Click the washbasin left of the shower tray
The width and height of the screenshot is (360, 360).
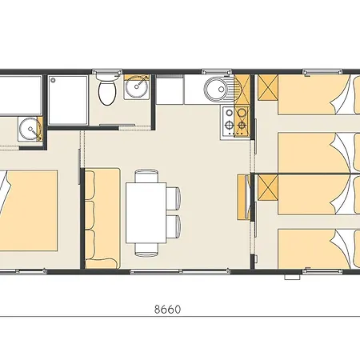click(30, 128)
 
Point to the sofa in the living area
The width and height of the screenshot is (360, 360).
click(102, 216)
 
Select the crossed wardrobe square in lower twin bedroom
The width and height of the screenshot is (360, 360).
click(266, 189)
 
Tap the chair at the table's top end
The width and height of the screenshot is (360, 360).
click(146, 176)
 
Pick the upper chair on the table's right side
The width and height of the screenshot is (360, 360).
click(174, 196)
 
